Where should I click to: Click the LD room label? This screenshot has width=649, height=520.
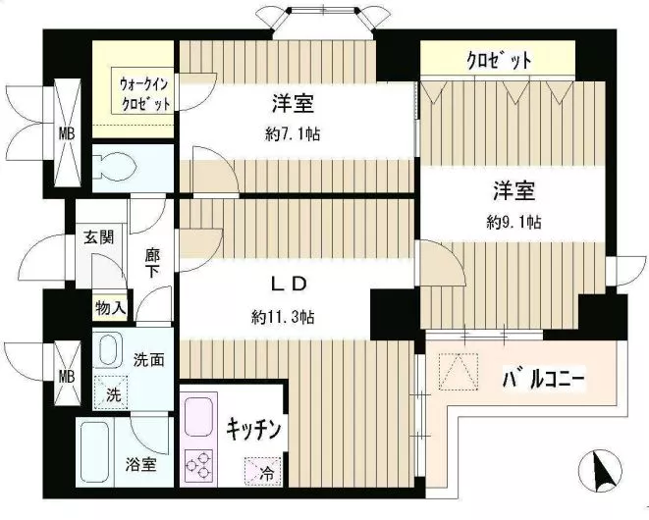291,285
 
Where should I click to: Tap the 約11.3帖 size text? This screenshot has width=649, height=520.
282,317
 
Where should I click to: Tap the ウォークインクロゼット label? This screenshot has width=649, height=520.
144,93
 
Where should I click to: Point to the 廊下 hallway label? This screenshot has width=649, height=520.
153,260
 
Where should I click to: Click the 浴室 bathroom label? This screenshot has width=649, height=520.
140,465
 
